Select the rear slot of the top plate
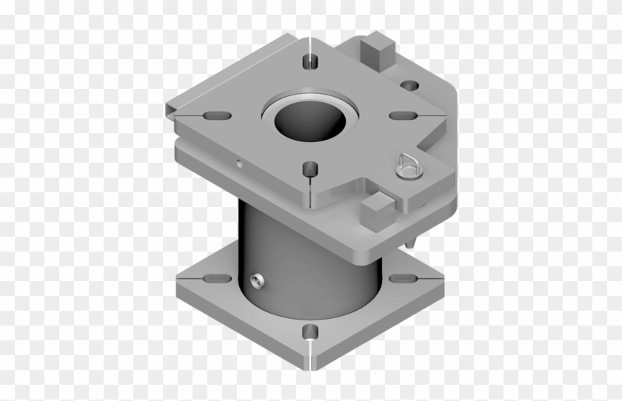click(x=309, y=61)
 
